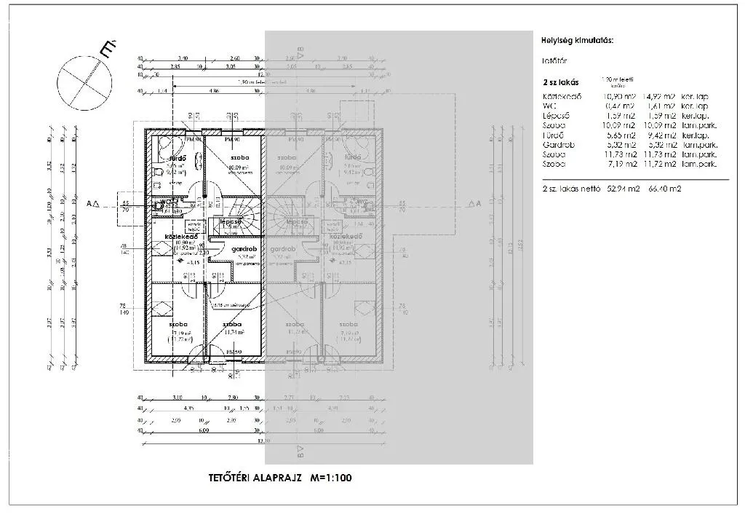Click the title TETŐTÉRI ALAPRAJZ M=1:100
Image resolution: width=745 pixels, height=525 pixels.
tap(280, 478)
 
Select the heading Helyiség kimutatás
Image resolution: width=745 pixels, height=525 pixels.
tap(578, 41)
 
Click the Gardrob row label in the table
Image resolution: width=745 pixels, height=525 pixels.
tap(559, 145)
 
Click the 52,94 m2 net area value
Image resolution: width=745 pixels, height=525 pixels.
tap(621, 189)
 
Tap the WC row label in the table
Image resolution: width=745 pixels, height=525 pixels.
tap(550, 106)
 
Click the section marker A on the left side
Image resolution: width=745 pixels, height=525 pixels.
tap(92, 205)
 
